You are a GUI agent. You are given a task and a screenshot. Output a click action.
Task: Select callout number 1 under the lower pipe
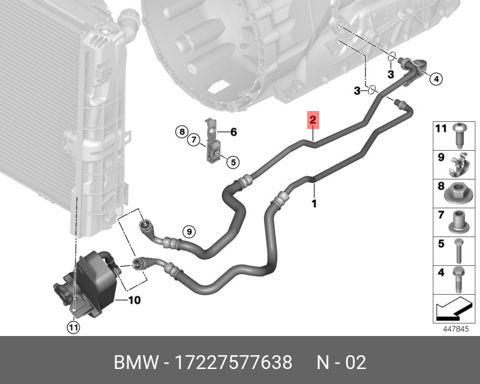point(314,204)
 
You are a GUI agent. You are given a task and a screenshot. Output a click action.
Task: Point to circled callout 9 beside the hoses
point(188,230)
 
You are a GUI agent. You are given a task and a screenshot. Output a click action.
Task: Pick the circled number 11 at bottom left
point(73,327)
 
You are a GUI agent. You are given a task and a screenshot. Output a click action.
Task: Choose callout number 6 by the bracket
point(234,132)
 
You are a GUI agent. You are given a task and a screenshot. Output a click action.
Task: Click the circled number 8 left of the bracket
point(180,132)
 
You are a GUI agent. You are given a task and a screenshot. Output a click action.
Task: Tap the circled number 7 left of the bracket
point(193,140)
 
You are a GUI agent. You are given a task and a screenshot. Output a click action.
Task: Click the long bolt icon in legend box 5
point(458,251)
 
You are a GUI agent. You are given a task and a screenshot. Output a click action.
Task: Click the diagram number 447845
point(455,329)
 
